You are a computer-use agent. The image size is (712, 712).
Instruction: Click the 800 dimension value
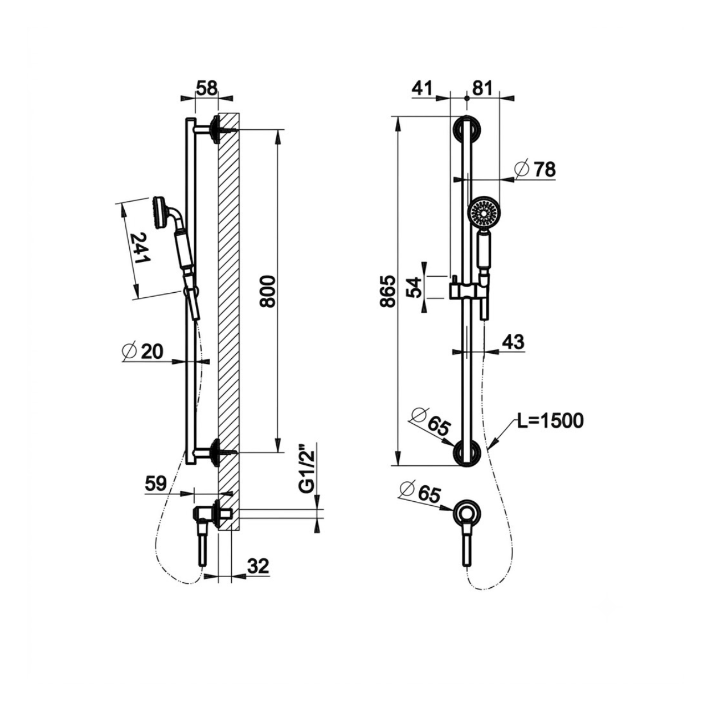click(268, 291)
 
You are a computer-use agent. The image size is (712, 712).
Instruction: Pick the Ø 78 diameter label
click(535, 169)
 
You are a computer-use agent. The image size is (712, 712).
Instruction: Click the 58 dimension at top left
click(206, 89)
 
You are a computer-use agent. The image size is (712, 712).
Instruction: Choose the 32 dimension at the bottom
click(258, 566)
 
